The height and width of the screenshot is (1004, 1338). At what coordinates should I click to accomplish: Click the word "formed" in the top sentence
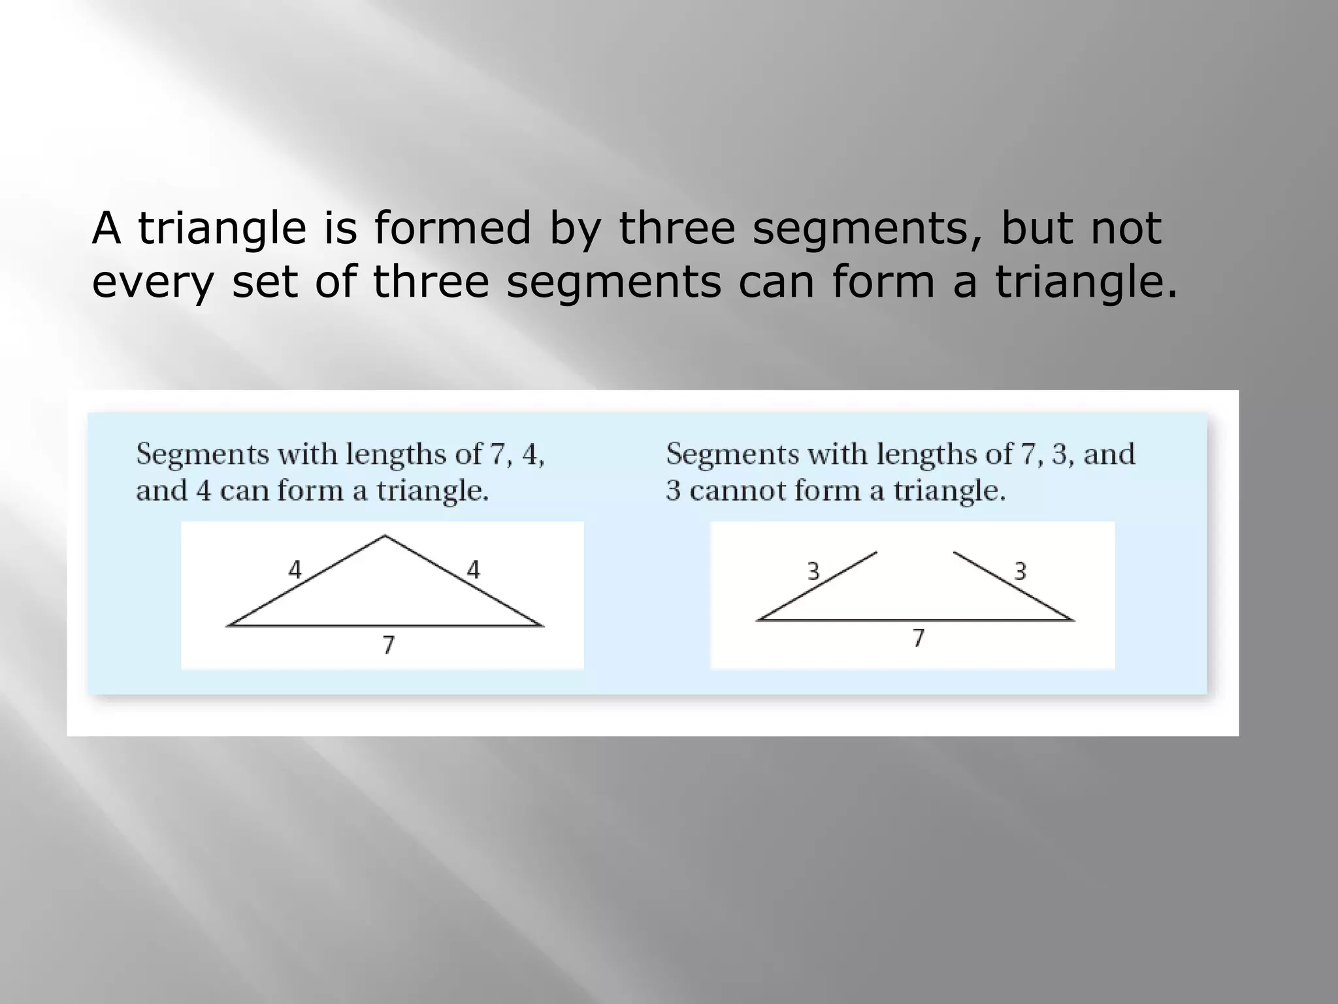[x=452, y=228]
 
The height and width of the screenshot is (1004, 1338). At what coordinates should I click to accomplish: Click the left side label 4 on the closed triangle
[x=295, y=571]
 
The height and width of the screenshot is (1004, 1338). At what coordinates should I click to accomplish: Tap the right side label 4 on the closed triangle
[x=474, y=571]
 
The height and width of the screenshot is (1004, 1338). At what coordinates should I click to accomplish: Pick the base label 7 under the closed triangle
[x=389, y=646]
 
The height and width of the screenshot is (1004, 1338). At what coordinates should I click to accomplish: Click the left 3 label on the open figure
[x=813, y=573]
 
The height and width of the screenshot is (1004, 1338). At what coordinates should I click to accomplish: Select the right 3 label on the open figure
[x=1020, y=573]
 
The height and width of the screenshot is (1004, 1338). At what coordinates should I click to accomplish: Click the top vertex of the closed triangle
[x=385, y=537]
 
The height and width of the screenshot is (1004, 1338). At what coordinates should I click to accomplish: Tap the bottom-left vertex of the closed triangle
[x=228, y=626]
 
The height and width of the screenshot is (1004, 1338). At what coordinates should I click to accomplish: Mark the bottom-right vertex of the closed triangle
[x=542, y=626]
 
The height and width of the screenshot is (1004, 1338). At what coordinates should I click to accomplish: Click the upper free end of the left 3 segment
[x=876, y=553]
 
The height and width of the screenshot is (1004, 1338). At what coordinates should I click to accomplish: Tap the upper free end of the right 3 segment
[x=954, y=553]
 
